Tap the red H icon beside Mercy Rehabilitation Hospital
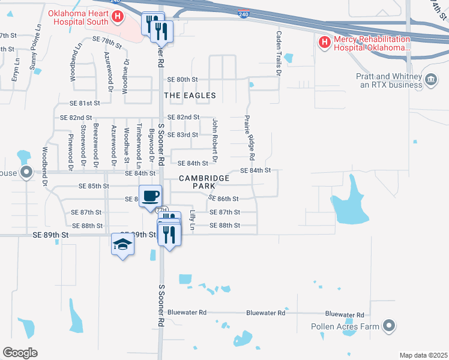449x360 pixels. point(325,42)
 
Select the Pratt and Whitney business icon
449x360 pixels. point(430,80)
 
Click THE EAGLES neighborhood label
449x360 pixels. point(190,95)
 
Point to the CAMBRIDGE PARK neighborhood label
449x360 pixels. point(204,182)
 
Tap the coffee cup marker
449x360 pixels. point(150,195)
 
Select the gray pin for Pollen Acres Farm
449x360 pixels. point(389,326)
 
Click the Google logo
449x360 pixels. point(20,353)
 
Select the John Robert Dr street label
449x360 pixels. point(214,140)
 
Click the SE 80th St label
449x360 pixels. point(182,79)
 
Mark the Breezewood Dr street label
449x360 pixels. point(96,145)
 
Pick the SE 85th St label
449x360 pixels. point(94,186)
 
